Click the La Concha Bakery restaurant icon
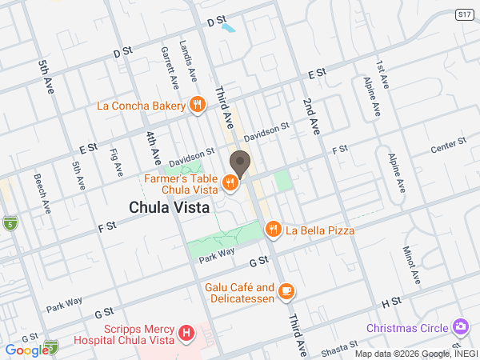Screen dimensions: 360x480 coord(196,105)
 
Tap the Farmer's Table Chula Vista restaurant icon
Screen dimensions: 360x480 coord(230,183)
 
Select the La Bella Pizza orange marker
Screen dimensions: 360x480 coord(273,230)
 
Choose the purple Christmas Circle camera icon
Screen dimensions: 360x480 coord(460,327)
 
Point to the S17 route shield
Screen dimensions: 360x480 coord(463,14)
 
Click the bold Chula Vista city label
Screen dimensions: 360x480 coord(170,206)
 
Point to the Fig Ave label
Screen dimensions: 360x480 coord(117,162)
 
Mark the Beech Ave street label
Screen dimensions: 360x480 coord(42,194)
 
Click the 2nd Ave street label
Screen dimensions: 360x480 coord(311,115)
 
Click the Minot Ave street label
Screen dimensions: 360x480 coord(411,265)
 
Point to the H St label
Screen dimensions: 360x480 coord(390,302)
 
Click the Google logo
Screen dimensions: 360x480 coord(26,350)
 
